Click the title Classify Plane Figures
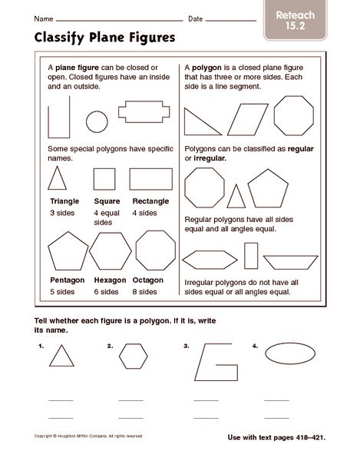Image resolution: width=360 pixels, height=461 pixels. [93, 36]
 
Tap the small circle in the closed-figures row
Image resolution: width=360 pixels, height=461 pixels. [97, 121]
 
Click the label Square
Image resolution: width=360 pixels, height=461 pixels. [104, 201]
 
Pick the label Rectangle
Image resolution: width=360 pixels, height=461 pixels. [150, 201]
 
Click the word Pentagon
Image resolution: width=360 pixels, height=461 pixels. [67, 280]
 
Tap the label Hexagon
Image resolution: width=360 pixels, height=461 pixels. [110, 280]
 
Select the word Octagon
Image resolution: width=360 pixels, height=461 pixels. [148, 280]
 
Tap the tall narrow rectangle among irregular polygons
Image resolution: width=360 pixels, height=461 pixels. [251, 256]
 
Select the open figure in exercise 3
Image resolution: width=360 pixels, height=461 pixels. [211, 361]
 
